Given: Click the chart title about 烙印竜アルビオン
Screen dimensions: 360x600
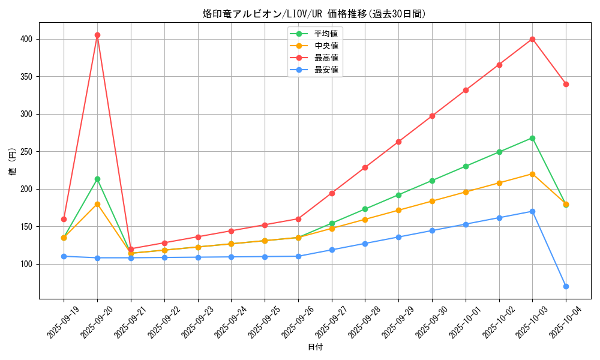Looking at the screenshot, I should [314, 14].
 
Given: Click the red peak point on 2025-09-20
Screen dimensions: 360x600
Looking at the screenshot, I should [97, 35].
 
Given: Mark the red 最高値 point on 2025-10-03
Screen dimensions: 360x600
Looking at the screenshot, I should [532, 39].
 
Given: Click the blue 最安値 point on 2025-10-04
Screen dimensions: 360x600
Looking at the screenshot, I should [566, 286].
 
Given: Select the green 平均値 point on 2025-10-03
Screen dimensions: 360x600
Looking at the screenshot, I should [532, 138].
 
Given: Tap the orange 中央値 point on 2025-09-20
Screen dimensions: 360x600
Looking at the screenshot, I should [97, 204].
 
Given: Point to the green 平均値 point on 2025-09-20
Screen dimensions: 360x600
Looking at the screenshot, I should [97, 179].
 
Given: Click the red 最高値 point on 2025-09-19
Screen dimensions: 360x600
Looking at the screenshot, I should [64, 219].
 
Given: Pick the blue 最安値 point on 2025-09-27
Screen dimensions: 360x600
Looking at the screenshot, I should [331, 250].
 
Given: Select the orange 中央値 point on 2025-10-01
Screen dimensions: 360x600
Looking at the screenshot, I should [466, 192].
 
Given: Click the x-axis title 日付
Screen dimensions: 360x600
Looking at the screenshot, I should [314, 347].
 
